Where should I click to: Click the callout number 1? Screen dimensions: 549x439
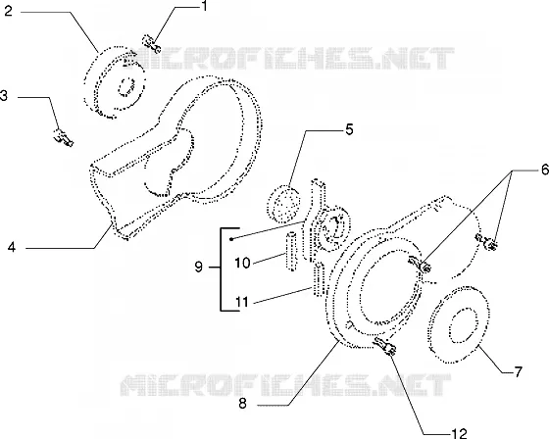point(204,6)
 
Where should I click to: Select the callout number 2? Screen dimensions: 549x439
point(8,11)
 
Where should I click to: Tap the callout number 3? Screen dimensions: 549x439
point(4,95)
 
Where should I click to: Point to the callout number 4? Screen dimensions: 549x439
point(12,247)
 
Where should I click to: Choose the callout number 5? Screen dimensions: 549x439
point(349,129)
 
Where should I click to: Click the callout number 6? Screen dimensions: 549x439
point(545,170)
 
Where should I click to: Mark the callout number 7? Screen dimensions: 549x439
point(518,371)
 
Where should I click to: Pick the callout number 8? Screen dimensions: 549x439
point(242,404)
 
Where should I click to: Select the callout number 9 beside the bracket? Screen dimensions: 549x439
point(198,268)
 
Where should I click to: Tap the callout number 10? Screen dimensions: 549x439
point(242,263)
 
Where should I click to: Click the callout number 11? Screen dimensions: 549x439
point(242,302)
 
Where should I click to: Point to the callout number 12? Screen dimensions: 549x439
point(459,434)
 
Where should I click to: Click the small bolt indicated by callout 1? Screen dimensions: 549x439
point(151,44)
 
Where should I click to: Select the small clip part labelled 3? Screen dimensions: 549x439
point(64,137)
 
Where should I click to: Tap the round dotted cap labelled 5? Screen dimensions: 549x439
point(283,205)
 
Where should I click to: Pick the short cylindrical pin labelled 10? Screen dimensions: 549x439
point(291,251)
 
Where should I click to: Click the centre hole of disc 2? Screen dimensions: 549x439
point(126,87)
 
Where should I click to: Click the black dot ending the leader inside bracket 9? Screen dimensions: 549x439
point(231,239)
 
